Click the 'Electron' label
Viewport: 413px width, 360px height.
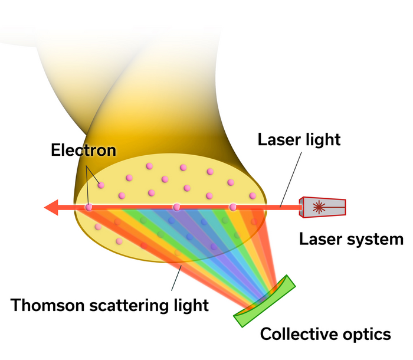pyautogui.click(x=83, y=150)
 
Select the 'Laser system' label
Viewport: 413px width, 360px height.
pyautogui.click(x=351, y=239)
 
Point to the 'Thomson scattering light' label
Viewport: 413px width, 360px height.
pyautogui.click(x=110, y=305)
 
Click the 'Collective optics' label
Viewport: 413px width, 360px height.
pyautogui.click(x=326, y=334)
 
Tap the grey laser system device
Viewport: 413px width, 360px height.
pyautogui.click(x=323, y=207)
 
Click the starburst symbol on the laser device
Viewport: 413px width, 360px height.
pyautogui.click(x=319, y=207)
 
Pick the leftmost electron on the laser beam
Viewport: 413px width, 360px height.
pyautogui.click(x=88, y=207)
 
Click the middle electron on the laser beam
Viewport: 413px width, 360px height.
pyautogui.click(x=176, y=207)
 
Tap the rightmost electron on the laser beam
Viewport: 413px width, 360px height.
pyautogui.click(x=233, y=207)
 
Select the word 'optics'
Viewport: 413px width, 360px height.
pyautogui.click(x=366, y=334)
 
